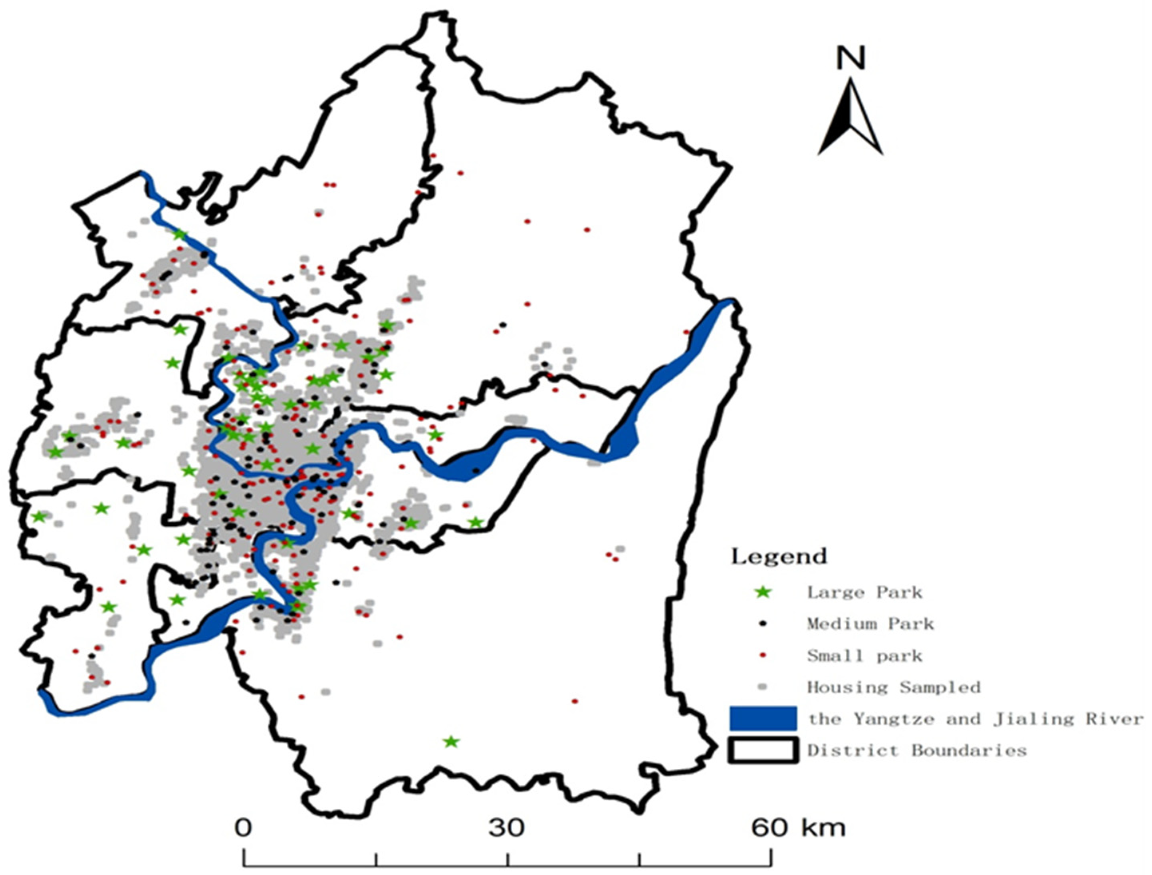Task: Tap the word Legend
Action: (779, 557)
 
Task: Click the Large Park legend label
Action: (864, 593)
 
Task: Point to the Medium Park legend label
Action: (870, 624)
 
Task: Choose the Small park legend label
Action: (864, 656)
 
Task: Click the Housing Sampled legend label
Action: (894, 687)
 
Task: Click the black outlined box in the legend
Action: (763, 750)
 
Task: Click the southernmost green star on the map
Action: (451, 742)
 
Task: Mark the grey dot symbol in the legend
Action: (763, 687)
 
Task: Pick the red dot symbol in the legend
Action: (763, 656)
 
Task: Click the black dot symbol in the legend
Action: (763, 623)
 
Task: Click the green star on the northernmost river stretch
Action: (180, 235)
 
